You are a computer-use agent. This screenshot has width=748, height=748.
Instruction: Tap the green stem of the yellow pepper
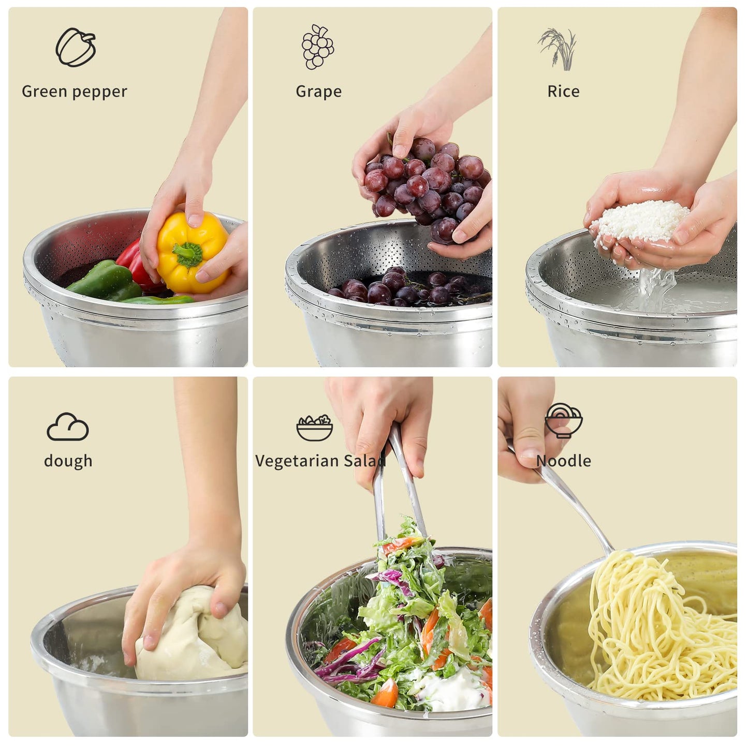pos(187,254)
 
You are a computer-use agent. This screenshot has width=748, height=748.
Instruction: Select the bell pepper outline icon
pos(76,47)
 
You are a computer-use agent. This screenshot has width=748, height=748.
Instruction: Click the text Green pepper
pos(74,92)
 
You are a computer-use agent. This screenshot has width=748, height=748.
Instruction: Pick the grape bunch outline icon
pos(317,47)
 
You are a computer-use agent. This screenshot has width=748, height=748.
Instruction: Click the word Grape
pos(318,92)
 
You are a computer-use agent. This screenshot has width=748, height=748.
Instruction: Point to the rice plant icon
pos(558,49)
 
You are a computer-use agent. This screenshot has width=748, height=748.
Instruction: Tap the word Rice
pos(563,92)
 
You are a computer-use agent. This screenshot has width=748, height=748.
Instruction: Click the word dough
pos(68,461)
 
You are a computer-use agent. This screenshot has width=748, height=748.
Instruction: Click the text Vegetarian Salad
pos(320,461)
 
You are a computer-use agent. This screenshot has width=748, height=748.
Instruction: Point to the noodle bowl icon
pos(563,420)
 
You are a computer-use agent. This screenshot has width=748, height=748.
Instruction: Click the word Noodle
pos(563,461)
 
